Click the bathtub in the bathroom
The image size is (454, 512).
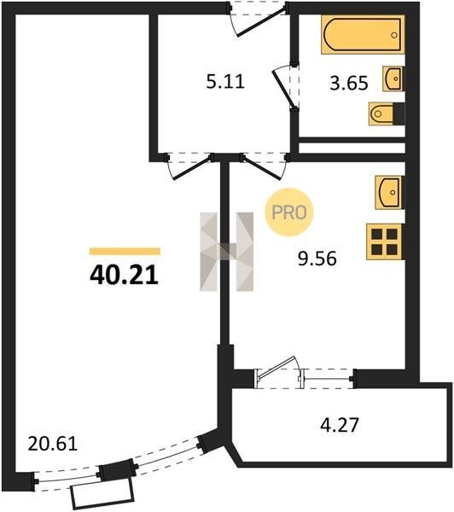pyautogui.click(x=363, y=34)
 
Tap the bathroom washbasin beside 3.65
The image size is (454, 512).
pyautogui.click(x=393, y=79)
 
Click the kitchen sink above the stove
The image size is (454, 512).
pyautogui.click(x=388, y=192)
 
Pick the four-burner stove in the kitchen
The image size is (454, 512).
pyautogui.click(x=384, y=241)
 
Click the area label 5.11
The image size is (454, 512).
pyautogui.click(x=225, y=81)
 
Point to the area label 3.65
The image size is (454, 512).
pyautogui.click(x=349, y=83)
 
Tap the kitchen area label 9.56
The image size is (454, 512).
pyautogui.click(x=317, y=259)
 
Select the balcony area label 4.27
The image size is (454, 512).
pyautogui.click(x=340, y=425)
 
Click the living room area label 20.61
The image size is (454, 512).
pyautogui.click(x=53, y=444)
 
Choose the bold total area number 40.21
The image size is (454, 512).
pyautogui.click(x=124, y=275)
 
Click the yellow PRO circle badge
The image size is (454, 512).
pyautogui.click(x=289, y=212)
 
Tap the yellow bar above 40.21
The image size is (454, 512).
pyautogui.click(x=125, y=251)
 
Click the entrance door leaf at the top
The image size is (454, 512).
pyautogui.click(x=262, y=22)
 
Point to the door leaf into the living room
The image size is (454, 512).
pyautogui.click(x=192, y=168)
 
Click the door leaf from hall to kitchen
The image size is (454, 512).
pyautogui.click(x=261, y=168)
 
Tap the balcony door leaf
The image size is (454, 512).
pyautogui.click(x=276, y=367)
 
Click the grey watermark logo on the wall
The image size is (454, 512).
pyautogui.click(x=227, y=252)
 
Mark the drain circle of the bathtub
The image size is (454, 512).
pyautogui.click(x=394, y=35)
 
